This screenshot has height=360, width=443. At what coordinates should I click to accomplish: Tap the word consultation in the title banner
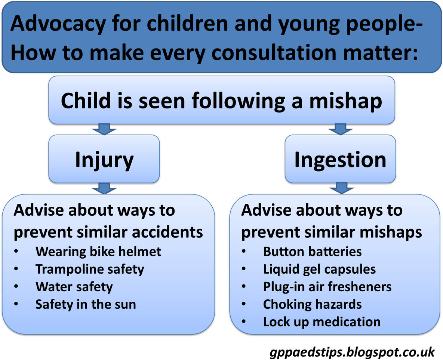pyautogui.click(x=274, y=53)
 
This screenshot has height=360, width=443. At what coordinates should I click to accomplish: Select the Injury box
pyautogui.click(x=104, y=159)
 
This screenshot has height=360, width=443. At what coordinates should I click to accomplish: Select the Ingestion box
pyautogui.click(x=340, y=159)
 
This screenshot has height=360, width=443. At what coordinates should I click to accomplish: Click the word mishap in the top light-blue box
pyautogui.click(x=345, y=101)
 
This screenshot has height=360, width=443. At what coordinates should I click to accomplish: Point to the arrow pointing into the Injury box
pyautogui.click(x=104, y=129)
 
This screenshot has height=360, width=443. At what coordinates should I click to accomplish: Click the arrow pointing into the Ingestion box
pyautogui.click(x=340, y=129)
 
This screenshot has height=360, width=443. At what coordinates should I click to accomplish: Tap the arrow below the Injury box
pyautogui.click(x=104, y=188)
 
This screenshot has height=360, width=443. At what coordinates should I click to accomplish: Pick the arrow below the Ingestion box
pyautogui.click(x=342, y=188)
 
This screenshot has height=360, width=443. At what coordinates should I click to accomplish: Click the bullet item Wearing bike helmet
pyautogui.click(x=98, y=252)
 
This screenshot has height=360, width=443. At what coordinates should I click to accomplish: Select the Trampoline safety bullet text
pyautogui.click(x=90, y=270)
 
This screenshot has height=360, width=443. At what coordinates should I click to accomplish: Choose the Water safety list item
pyautogui.click(x=74, y=287)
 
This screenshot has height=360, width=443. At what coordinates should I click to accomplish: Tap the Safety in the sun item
pyautogui.click(x=86, y=304)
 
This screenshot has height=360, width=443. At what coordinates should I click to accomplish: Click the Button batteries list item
pyautogui.click(x=313, y=252)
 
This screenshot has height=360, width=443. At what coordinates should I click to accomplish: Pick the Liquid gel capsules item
pyautogui.click(x=320, y=270)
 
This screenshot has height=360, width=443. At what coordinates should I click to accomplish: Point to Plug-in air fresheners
pyautogui.click(x=327, y=287)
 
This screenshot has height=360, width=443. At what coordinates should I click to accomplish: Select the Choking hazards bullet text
pyautogui.click(x=313, y=304)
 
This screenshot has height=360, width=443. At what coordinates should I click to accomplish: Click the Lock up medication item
pyautogui.click(x=322, y=322)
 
